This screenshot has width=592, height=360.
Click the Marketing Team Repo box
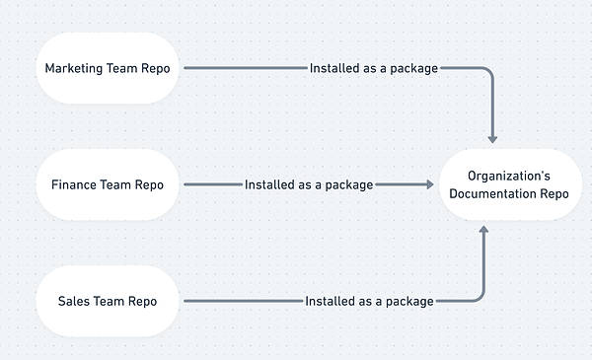(107, 68)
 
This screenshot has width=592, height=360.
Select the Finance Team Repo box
(107, 184)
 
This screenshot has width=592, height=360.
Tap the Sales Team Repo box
(107, 301)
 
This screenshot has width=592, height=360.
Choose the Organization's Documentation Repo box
(508, 184)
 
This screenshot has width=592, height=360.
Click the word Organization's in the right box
(508, 175)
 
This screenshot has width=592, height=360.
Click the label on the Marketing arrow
(374, 68)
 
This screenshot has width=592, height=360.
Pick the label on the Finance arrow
(309, 184)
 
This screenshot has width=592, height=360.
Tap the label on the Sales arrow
(369, 301)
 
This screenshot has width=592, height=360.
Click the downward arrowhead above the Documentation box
(492, 139)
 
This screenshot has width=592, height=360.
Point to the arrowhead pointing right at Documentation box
(428, 184)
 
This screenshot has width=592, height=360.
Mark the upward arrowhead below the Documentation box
(483, 230)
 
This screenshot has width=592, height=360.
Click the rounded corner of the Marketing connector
(488, 72)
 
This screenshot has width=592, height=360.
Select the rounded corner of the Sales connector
(480, 297)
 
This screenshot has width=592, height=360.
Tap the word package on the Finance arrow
(347, 184)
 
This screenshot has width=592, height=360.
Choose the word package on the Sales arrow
(407, 301)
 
